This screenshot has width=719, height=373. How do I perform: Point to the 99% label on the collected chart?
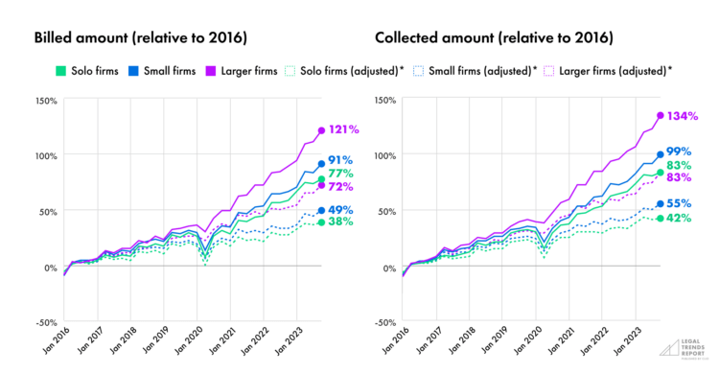[x=679, y=153]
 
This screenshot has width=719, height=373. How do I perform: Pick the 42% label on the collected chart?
[x=679, y=218]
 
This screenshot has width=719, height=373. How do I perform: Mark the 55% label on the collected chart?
[x=679, y=203]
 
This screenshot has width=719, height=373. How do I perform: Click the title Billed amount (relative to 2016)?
[x=141, y=38]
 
